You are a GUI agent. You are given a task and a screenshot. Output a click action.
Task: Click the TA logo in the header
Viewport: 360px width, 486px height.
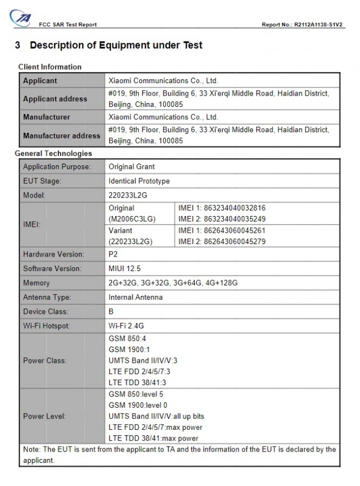[x=23, y=18]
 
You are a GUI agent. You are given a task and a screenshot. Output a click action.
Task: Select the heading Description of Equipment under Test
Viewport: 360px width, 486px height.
[x=116, y=45]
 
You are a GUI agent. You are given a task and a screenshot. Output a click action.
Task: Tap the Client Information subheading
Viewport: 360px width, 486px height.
[x=50, y=67]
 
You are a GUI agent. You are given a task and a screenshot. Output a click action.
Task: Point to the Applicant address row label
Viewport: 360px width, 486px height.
[x=55, y=99]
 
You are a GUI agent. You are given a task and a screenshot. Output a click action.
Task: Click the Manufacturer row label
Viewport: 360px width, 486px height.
[x=46, y=117]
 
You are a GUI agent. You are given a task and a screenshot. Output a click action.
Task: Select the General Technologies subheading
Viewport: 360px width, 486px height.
[x=54, y=153]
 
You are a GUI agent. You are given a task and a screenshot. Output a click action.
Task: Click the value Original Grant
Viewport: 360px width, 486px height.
[x=131, y=167]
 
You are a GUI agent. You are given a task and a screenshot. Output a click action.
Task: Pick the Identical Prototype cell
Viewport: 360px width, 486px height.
[x=139, y=181]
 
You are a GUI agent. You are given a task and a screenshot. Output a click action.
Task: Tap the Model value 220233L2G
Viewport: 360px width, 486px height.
[x=128, y=195]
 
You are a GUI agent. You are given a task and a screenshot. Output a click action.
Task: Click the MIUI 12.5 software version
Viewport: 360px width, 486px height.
[x=125, y=268]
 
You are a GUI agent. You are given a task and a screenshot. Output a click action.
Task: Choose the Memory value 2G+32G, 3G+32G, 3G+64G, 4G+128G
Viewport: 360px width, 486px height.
[x=173, y=283]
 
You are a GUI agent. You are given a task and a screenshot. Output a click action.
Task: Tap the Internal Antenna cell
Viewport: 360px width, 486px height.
[x=136, y=297]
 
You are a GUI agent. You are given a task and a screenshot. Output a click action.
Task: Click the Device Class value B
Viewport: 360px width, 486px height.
[x=111, y=312]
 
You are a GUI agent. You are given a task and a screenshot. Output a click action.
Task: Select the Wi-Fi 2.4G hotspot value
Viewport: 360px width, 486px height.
[x=127, y=326]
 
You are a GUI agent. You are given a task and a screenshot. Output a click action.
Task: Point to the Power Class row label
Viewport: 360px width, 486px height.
[x=45, y=360]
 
